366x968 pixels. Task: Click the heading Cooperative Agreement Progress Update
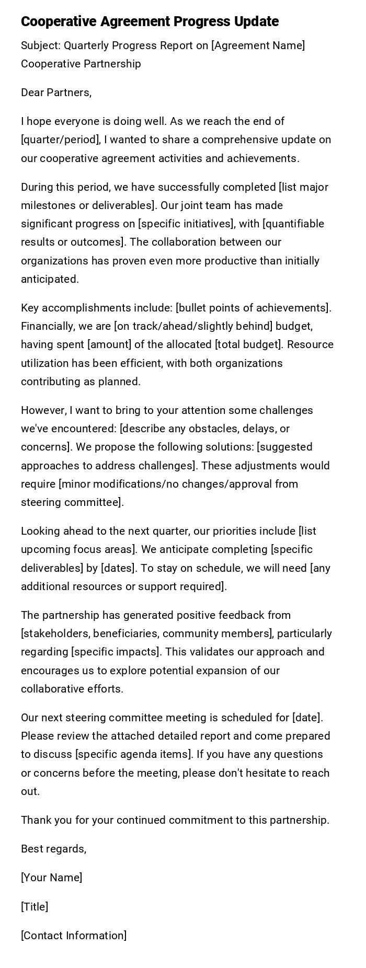150,21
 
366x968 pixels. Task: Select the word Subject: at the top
41,45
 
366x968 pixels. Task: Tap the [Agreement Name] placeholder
258,45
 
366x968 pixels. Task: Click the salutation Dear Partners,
56,93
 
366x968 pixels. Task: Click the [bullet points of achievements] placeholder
253,307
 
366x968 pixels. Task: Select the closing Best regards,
53,849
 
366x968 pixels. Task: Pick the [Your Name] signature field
51,878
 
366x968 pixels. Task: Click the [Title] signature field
35,906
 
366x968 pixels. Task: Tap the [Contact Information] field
74,935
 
